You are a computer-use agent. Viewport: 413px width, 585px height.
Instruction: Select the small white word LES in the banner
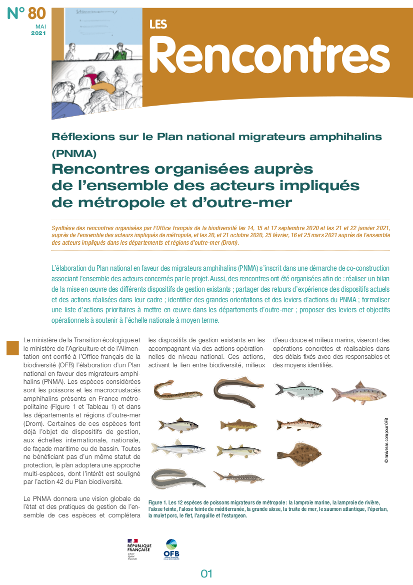tap(158, 24)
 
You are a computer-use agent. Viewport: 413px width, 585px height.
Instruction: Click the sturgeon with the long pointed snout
tap(238, 476)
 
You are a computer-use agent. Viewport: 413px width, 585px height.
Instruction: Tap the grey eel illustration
tap(177, 478)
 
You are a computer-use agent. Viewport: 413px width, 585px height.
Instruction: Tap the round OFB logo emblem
tap(171, 544)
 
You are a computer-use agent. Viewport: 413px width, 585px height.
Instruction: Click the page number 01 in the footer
tap(206, 573)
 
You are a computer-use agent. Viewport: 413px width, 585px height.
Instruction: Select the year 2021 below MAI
tap(38, 34)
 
